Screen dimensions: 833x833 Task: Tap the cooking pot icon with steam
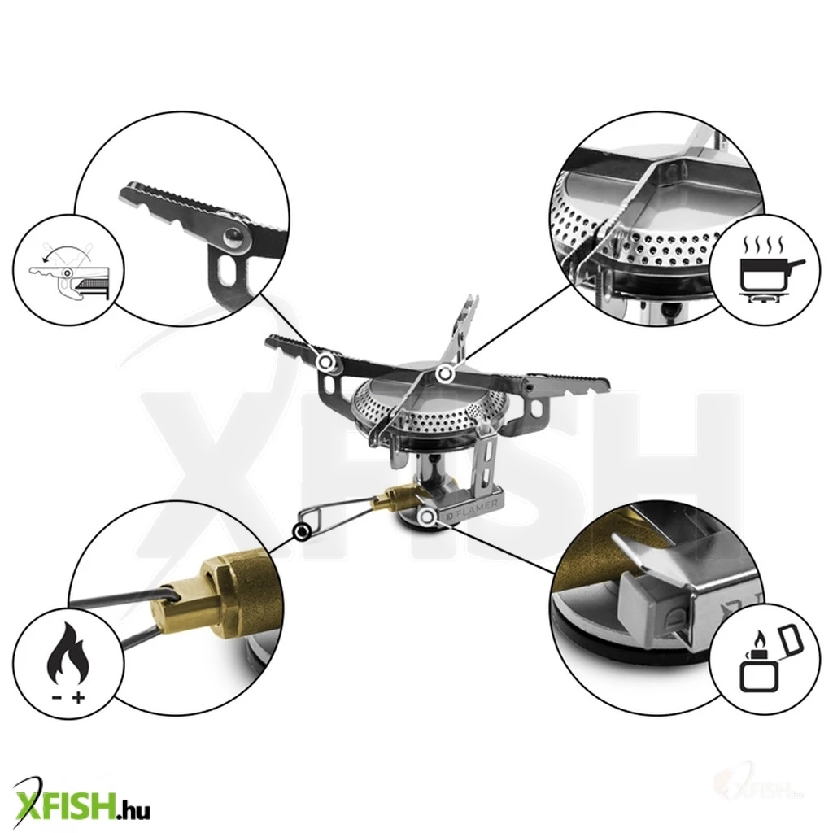pyautogui.click(x=769, y=270)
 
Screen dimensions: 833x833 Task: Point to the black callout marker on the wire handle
pyautogui.click(x=303, y=531)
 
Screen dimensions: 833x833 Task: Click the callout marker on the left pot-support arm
pyautogui.click(x=326, y=362)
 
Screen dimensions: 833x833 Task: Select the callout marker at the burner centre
pyautogui.click(x=445, y=374)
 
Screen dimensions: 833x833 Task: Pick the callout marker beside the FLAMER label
pyautogui.click(x=427, y=517)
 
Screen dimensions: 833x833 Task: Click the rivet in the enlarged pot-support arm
pyautogui.click(x=233, y=238)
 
